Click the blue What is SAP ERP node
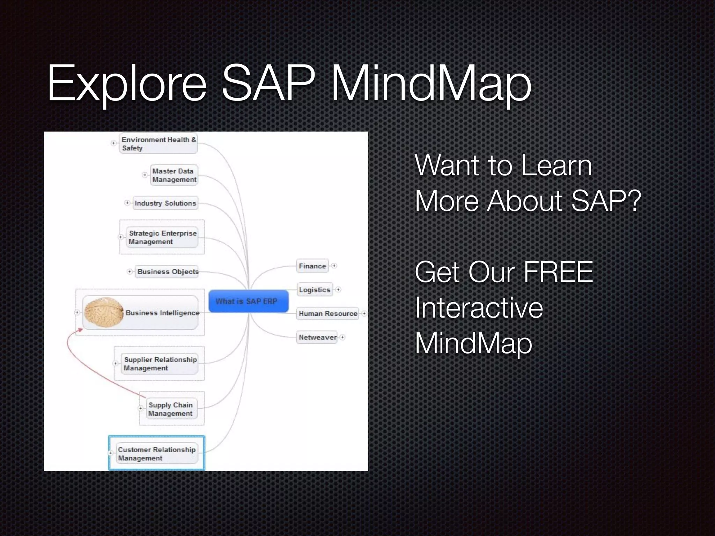[248, 301]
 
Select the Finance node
[312, 266]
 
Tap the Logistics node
[314, 290]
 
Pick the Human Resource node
[327, 313]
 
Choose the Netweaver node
[317, 337]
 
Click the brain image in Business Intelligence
[104, 312]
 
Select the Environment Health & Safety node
[158, 143]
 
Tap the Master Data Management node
[174, 175]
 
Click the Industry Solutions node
[165, 203]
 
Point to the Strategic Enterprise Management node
[162, 237]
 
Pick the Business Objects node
[168, 271]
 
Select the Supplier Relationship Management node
[160, 364]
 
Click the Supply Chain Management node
[170, 409]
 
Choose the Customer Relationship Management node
[156, 454]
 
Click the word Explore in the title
[127, 84]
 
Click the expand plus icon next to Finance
[334, 266]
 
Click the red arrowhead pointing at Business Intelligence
[80, 330]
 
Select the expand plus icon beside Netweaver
[342, 337]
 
